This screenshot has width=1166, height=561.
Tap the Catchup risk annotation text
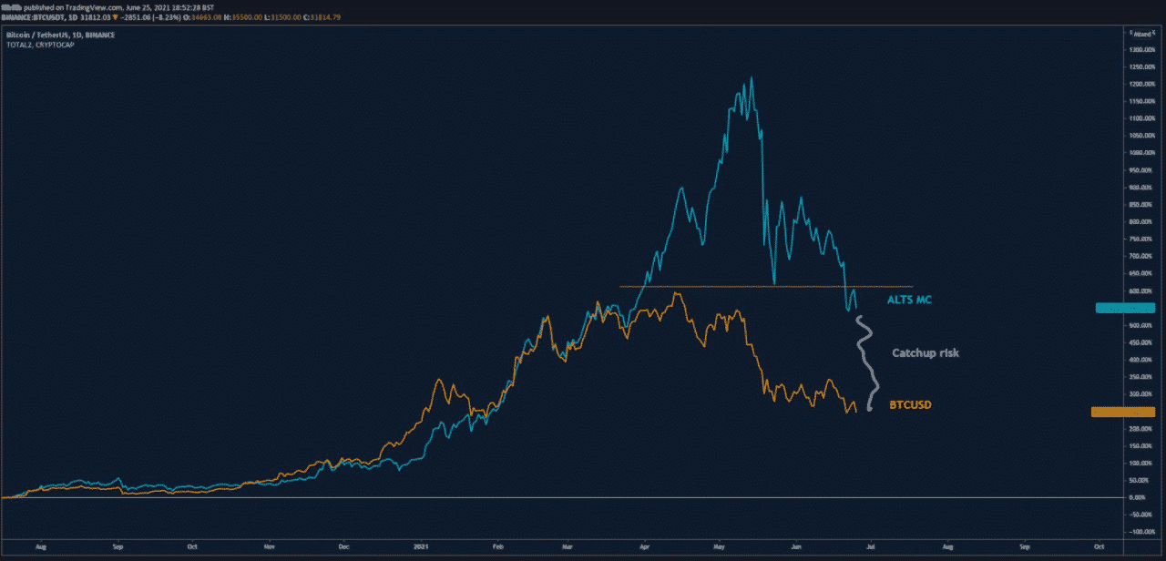[925, 352]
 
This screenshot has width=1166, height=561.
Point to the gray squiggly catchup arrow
[865, 364]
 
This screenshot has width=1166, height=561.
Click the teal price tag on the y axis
[1124, 308]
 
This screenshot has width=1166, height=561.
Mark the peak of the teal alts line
[751, 78]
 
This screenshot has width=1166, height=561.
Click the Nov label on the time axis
[269, 547]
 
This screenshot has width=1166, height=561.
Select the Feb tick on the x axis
[496, 547]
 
